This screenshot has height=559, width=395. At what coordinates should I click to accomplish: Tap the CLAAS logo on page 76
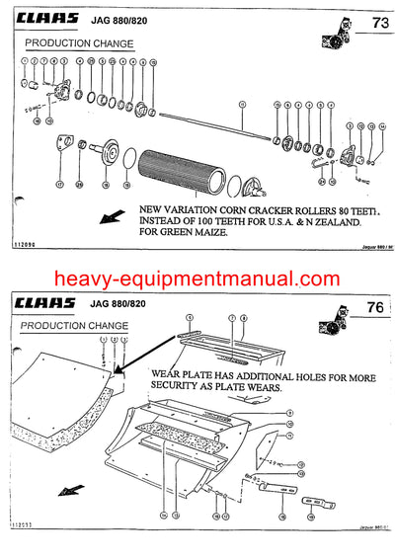tap(47, 303)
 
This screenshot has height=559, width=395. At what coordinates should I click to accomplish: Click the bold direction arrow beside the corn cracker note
tap(117, 215)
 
